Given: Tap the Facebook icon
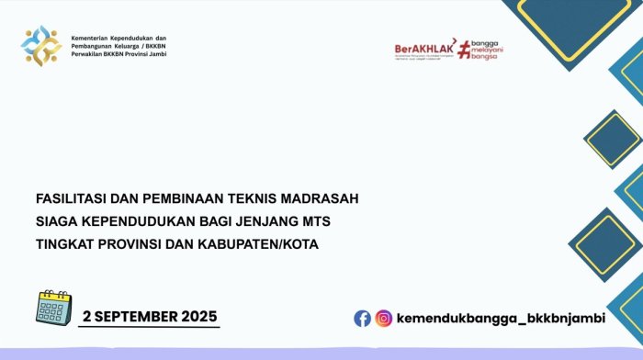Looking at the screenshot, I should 363,318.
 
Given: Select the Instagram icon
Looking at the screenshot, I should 383,318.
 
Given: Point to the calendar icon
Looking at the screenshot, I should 52,309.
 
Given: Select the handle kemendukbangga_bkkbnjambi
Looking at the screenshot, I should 501,318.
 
